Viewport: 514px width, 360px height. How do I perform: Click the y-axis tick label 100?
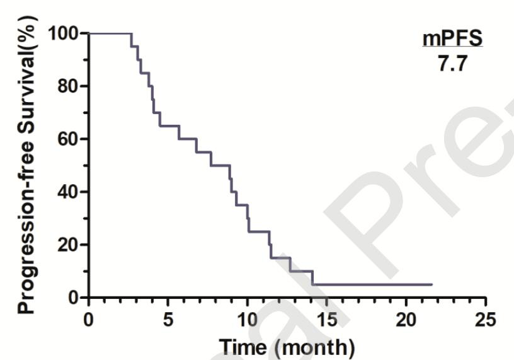tap(66, 33)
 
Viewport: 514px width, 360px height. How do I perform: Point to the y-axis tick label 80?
tap(70, 86)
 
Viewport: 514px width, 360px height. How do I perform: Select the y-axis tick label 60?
tap(70, 139)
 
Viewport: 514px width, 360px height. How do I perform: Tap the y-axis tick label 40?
tap(70, 192)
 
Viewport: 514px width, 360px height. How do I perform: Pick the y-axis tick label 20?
tap(70, 245)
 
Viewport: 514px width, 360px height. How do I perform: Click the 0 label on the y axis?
tap(74, 297)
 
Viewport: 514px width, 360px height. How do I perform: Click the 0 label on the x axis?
tap(89, 318)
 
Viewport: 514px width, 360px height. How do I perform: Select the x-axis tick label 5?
tap(168, 318)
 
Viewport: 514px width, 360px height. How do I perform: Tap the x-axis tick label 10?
tap(247, 318)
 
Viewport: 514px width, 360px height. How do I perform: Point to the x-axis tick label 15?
tap(326, 318)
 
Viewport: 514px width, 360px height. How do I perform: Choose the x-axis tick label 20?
tap(406, 318)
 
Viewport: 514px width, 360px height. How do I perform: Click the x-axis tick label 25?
tap(484, 318)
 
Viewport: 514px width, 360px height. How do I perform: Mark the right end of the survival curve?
tap(431, 284)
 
